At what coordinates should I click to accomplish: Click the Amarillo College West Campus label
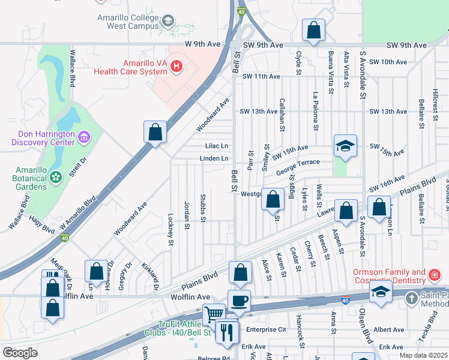click(x=128, y=22)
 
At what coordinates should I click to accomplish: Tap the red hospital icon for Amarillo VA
click(x=176, y=67)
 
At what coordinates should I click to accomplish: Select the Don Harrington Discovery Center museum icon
click(x=83, y=137)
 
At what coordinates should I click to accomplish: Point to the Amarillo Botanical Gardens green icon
click(x=56, y=177)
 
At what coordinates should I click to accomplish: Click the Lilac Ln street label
click(x=217, y=146)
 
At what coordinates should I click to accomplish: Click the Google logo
click(x=20, y=353)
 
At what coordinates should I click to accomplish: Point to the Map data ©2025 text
click(x=424, y=355)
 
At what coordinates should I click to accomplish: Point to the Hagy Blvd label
click(x=41, y=226)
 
